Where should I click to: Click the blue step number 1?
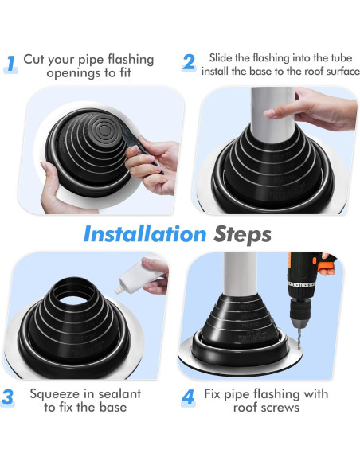(x=10, y=64)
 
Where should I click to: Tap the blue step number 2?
(x=189, y=62)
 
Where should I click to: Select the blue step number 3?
(x=7, y=397)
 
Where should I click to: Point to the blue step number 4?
(x=188, y=397)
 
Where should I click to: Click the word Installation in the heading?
(x=145, y=234)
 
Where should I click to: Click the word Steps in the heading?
(x=242, y=235)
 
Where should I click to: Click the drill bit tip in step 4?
(x=299, y=348)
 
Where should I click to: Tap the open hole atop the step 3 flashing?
(x=73, y=299)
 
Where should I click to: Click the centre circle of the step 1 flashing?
(x=104, y=130)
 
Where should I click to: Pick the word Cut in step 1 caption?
(x=33, y=59)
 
